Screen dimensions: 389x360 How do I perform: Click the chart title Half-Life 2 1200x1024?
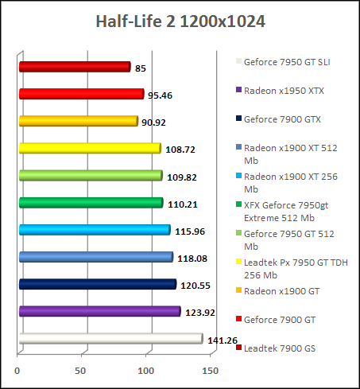[180, 21]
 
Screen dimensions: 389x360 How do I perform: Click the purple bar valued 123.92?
[99, 312]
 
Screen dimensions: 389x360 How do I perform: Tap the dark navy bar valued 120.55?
[96, 285]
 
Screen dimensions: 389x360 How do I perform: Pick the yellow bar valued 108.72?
[89, 149]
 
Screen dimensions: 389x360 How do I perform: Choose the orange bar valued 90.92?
[78, 122]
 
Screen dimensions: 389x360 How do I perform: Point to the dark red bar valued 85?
[74, 68]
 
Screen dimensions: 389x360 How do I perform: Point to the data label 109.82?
[180, 177]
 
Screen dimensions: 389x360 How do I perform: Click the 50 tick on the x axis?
[82, 370]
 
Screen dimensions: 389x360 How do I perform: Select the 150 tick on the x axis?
[211, 370]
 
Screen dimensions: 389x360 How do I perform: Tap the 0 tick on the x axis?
[17, 370]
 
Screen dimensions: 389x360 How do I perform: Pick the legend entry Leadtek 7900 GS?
[280, 348]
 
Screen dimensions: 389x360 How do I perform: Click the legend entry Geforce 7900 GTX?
[282, 119]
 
